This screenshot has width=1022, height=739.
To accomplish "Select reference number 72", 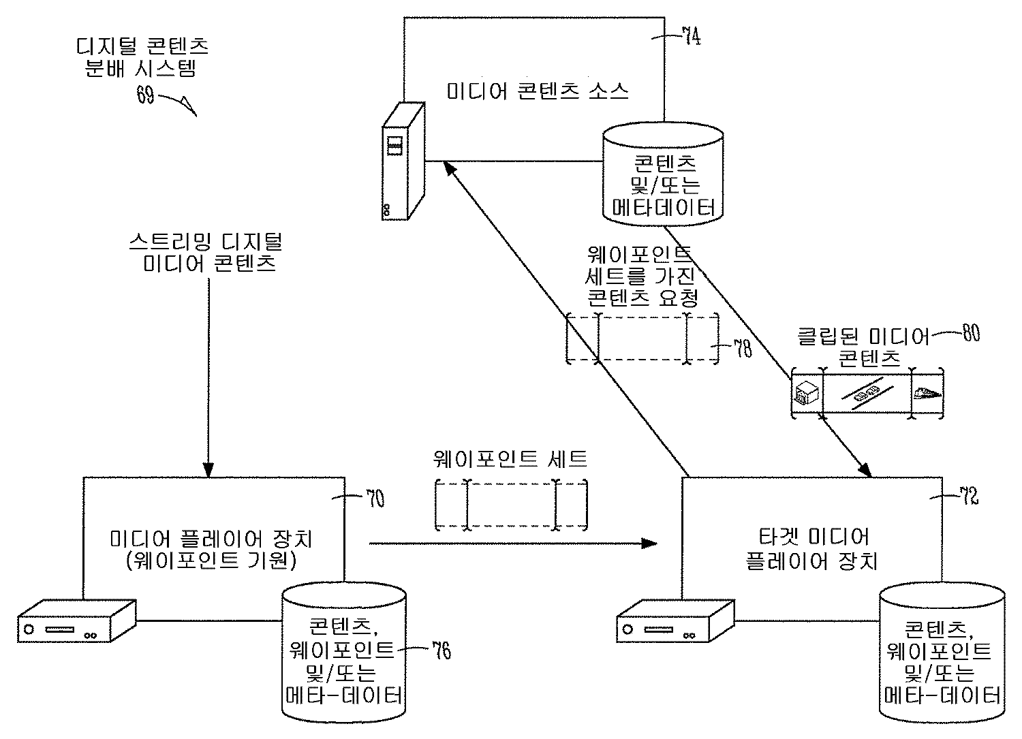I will (967, 498).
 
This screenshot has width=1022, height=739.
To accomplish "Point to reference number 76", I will (440, 650).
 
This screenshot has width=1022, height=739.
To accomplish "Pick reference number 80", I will (969, 334).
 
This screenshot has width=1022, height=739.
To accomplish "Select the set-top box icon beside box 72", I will (675, 620).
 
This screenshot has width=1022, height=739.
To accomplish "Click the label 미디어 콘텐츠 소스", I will (537, 91).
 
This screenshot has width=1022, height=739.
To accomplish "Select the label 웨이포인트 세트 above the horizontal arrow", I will (510, 460).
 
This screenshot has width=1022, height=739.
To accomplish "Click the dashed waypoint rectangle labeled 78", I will (642, 339).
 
